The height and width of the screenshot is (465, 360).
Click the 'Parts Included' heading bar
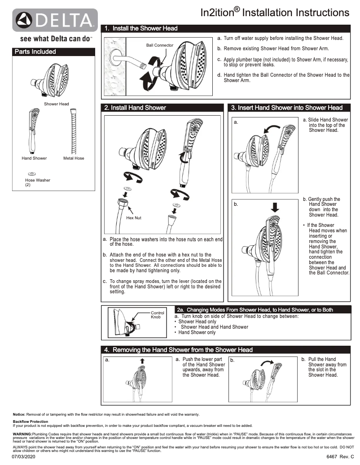[x=53, y=52]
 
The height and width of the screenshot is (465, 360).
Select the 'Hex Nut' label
[x=133, y=218]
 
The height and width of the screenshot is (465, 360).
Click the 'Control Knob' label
[x=158, y=315]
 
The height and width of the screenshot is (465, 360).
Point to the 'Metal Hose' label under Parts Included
[x=74, y=158]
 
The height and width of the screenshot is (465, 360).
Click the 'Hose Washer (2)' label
[x=37, y=182]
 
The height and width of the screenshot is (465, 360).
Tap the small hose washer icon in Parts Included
[x=32, y=173]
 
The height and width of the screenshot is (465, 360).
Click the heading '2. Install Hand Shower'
[x=135, y=108]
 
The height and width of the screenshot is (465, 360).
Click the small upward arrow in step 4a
[x=142, y=361]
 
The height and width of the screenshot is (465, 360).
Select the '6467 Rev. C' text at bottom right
[x=340, y=456]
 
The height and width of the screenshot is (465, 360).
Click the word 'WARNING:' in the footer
[x=22, y=434]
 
